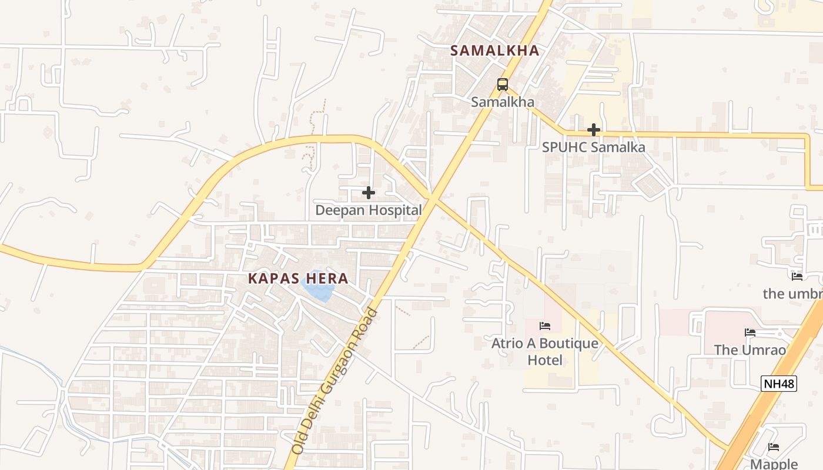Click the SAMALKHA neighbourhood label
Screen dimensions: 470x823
(494, 51)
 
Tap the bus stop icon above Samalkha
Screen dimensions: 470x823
(502, 85)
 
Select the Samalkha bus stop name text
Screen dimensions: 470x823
(502, 102)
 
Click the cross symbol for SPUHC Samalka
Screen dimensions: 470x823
(594, 130)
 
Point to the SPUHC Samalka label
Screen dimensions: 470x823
(593, 147)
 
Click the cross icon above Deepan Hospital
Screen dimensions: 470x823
(369, 193)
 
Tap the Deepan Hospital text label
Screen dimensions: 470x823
(369, 210)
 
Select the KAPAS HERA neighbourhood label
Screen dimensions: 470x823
(298, 278)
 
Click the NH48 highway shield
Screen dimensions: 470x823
(779, 384)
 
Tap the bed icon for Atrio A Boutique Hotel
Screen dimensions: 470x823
(545, 326)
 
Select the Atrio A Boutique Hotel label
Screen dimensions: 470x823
(545, 351)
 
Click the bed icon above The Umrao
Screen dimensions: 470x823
(750, 333)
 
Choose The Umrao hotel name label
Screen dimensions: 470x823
(750, 350)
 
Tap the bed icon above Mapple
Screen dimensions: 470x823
(774, 447)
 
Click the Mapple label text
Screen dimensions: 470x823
(774, 464)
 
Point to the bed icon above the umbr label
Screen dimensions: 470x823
(797, 276)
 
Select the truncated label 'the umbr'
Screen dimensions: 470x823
(792, 293)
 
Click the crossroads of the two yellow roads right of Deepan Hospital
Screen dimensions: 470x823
(431, 197)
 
